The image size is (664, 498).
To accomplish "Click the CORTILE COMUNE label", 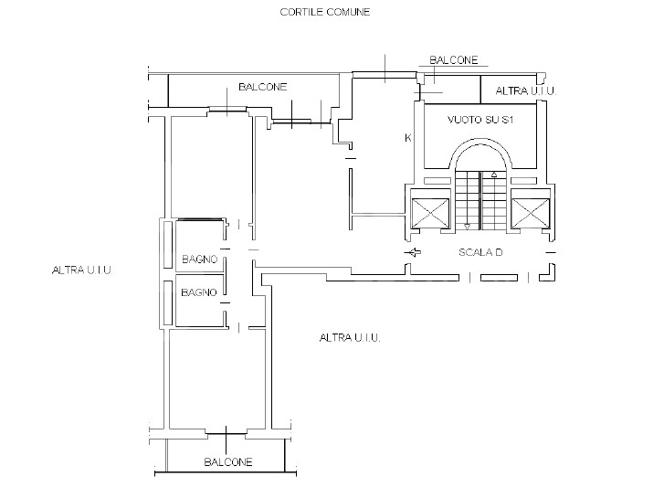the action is coord(325,12).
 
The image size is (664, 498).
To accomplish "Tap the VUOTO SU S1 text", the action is coord(480,120).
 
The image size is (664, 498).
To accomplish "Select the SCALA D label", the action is coord(480,252).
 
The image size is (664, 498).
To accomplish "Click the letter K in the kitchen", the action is coord(408,138).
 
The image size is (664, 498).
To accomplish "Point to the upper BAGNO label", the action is coord(200,259).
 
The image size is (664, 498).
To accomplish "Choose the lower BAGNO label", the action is coord(199,292).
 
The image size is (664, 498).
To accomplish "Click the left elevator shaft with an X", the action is coord(430,214).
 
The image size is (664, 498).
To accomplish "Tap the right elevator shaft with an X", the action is coord(530,214).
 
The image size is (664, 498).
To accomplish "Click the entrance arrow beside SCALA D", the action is coord(413,252).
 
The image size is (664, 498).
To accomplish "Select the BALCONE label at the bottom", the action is coord(228,461).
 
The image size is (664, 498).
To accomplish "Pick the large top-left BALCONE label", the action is coord(262,87).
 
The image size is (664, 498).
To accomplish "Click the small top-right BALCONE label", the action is coord(454,60).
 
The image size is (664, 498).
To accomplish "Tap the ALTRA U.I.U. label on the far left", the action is coord(82,270).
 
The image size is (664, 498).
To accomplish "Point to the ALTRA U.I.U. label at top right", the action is coord(525,90).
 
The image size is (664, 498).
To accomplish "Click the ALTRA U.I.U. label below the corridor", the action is coord(350,337).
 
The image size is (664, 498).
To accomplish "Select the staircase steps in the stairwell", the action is coord(480,200).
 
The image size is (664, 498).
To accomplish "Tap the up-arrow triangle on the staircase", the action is coord(494,175).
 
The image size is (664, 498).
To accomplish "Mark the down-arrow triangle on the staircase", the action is coord(467,227).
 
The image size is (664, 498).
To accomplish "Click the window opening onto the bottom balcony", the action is coord(226,433).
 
